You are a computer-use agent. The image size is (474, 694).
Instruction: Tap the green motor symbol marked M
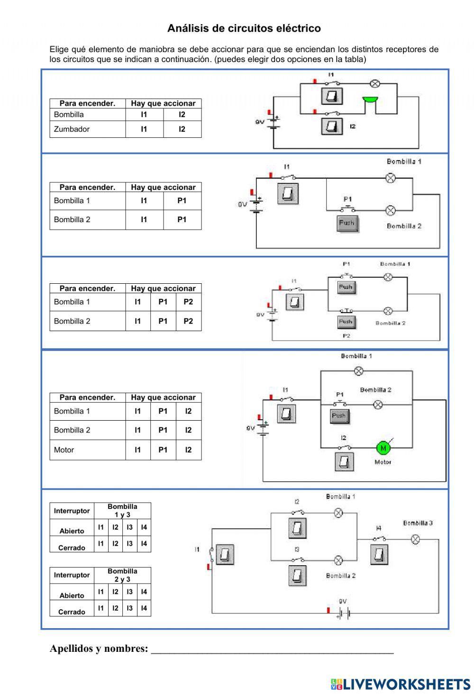point(383,448)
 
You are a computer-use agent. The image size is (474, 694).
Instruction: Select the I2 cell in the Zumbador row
point(182,129)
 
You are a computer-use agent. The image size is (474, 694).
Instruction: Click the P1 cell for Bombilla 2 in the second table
point(182,219)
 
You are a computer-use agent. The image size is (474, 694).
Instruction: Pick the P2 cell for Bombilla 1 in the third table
point(188,302)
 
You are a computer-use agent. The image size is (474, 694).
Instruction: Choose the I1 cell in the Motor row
point(137,450)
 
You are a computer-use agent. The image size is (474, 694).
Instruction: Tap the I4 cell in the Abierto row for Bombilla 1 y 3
point(144,527)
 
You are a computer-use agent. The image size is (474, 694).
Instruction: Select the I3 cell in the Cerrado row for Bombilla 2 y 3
point(129,608)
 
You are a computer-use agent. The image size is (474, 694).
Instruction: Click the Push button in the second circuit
point(347,223)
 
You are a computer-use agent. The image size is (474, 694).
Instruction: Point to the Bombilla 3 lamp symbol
point(415,539)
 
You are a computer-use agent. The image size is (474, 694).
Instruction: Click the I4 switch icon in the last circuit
point(379,554)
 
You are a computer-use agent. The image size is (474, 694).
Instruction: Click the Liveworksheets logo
point(401,684)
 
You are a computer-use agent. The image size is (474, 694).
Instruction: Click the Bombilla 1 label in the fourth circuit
point(356,356)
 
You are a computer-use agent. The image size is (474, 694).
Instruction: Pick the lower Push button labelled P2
point(346,322)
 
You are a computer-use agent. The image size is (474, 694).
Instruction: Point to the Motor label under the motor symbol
point(383,462)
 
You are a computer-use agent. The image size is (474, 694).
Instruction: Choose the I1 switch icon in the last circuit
point(225,554)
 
